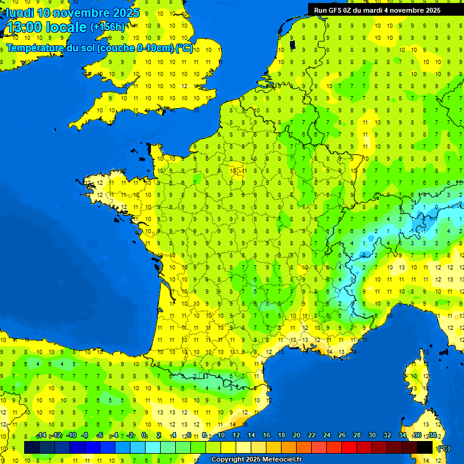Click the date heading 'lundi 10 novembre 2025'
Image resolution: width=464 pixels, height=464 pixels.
[x=72, y=13]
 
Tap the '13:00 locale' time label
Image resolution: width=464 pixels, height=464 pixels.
[x=47, y=27]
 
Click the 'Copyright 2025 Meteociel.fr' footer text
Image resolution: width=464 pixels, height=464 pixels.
[x=256, y=460]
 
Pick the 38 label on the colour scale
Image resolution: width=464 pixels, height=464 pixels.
[x=432, y=435]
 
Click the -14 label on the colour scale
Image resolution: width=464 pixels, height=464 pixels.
[x=41, y=435]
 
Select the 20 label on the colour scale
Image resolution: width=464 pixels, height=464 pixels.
[x=296, y=435]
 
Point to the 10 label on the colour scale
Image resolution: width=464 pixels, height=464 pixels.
[x=221, y=435]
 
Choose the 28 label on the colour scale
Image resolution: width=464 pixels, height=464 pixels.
[x=356, y=435]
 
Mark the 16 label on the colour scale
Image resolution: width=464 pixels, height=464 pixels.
[x=266, y=435]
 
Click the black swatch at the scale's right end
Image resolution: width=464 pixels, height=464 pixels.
[x=425, y=447]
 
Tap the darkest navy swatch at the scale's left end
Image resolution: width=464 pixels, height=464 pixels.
[x=32, y=447]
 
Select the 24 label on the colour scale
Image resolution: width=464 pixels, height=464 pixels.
[x=326, y=435]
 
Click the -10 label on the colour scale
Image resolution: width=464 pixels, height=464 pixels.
[x=71, y=435]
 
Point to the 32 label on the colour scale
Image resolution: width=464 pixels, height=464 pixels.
[x=387, y=435]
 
